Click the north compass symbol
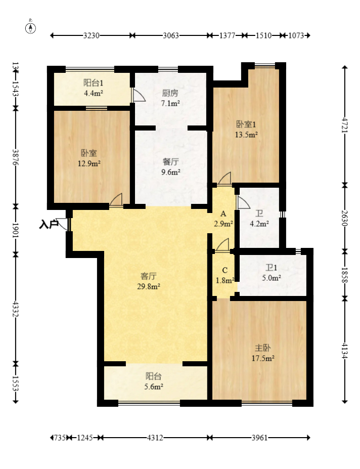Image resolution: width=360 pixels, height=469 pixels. pyautogui.click(x=31, y=28)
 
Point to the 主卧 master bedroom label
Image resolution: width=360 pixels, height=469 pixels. pyautogui.click(x=262, y=348)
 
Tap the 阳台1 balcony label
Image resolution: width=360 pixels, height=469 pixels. pyautogui.click(x=93, y=82)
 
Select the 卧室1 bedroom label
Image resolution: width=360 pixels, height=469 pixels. pyautogui.click(x=247, y=124)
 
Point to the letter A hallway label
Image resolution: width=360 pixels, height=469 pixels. pyautogui.click(x=223, y=214)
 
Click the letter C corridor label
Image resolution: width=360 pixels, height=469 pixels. pyautogui.click(x=224, y=269)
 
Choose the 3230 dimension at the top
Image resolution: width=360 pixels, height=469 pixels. pyautogui.click(x=92, y=35)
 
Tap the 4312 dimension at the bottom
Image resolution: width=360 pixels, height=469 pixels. pyautogui.click(x=155, y=438)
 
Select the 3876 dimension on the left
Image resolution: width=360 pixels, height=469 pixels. pyautogui.click(x=16, y=157)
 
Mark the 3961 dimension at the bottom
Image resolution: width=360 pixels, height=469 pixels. pyautogui.click(x=259, y=438)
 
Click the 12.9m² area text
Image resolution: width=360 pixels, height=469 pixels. pyautogui.click(x=89, y=163)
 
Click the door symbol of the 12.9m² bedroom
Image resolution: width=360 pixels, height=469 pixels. pyautogui.click(x=116, y=200)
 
